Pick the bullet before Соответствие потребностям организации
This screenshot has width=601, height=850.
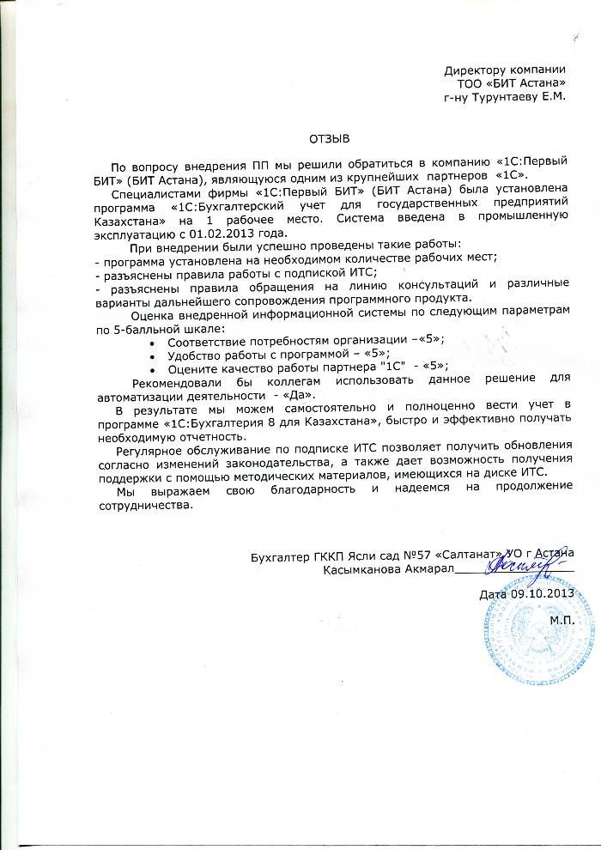point(152,341)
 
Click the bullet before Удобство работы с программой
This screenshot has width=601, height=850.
point(152,354)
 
